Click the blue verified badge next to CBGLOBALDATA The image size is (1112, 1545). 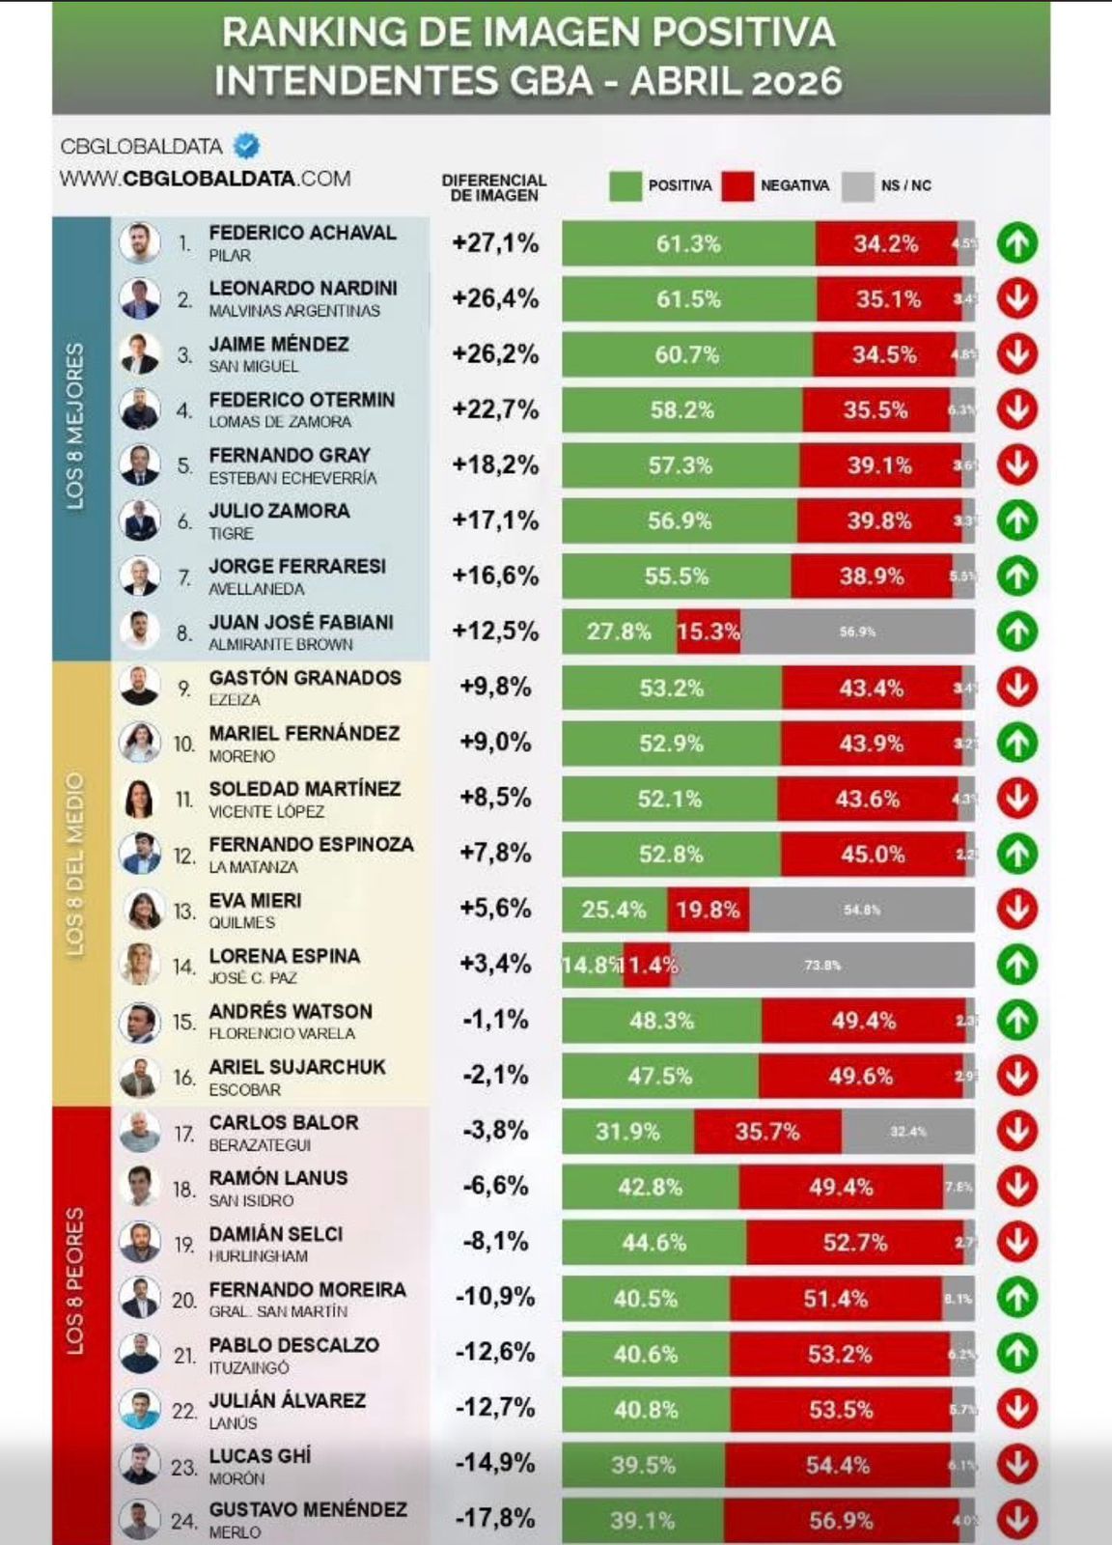[x=247, y=146]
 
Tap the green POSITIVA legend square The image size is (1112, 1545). [x=625, y=185]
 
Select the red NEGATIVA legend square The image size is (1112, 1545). [x=737, y=185]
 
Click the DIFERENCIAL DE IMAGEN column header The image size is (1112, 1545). [x=493, y=187]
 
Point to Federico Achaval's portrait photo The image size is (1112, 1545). [x=140, y=242]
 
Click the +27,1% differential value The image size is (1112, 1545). [x=495, y=243]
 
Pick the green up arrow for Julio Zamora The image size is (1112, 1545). [x=1017, y=520]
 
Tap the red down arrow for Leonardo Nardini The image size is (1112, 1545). [x=1017, y=298]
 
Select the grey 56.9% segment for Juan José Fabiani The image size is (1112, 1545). [x=857, y=632]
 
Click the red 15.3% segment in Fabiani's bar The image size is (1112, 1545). [x=709, y=632]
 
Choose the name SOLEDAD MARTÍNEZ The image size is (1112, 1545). [x=305, y=789]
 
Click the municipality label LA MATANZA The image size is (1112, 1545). [x=253, y=867]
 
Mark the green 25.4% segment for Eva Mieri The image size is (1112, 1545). [x=614, y=910]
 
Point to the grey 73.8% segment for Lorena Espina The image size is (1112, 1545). [x=823, y=965]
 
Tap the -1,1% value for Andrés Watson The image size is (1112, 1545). [x=495, y=1020]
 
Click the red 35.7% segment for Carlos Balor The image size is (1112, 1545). [x=767, y=1131]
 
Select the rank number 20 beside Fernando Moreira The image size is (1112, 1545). [x=184, y=1300]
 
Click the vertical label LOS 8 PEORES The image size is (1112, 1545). [x=75, y=1279]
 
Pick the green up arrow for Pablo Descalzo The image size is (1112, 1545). [x=1017, y=1353]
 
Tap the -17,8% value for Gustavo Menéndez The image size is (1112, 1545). [x=495, y=1518]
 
